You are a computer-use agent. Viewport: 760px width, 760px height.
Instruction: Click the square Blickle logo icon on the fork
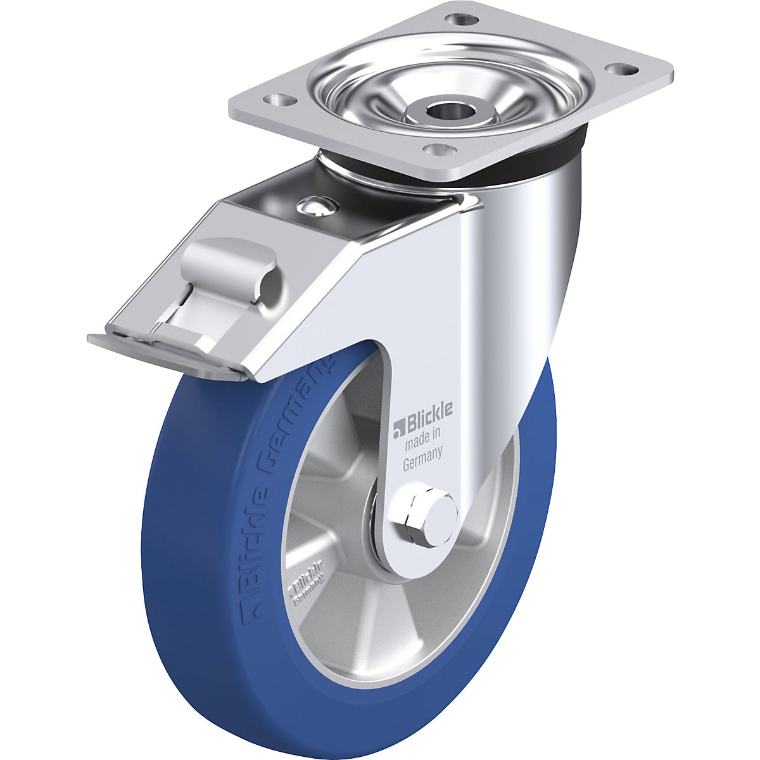[x=399, y=429]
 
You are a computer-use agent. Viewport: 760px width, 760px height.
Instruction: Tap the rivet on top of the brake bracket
[x=315, y=206]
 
